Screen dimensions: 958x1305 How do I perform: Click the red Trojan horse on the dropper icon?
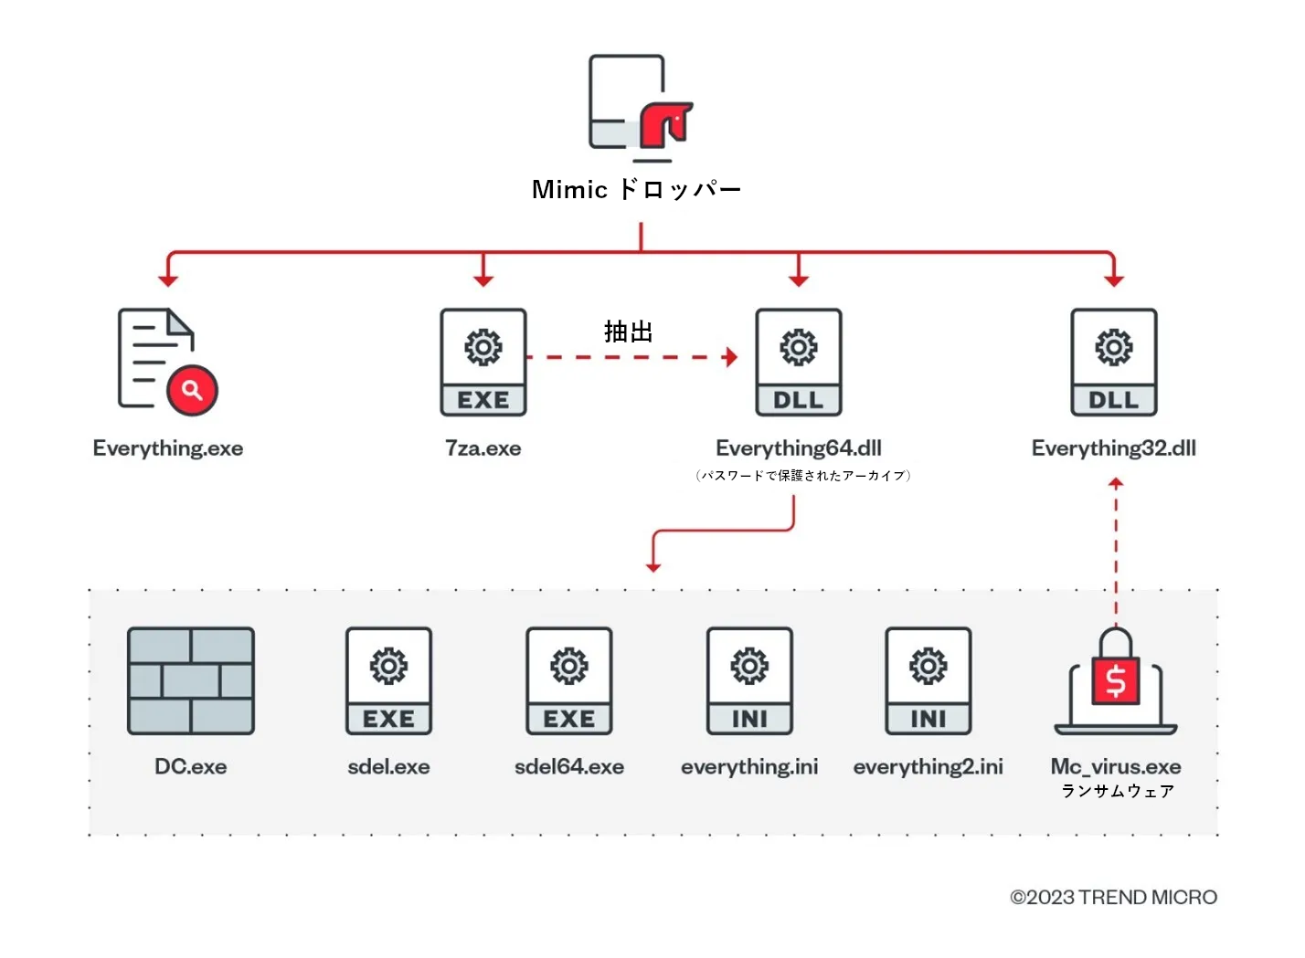click(x=665, y=124)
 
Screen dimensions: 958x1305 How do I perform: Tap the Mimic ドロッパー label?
click(x=636, y=190)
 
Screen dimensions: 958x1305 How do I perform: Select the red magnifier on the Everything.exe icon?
click(x=192, y=390)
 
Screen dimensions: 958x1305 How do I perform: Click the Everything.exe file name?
click(x=168, y=448)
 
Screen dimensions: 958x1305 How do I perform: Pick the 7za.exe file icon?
click(x=483, y=363)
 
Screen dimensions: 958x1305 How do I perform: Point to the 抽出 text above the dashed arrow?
click(x=629, y=332)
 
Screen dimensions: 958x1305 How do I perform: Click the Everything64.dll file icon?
click(x=799, y=363)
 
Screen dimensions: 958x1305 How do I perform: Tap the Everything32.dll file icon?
click(x=1114, y=363)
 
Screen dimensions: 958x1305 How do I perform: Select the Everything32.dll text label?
click(x=1113, y=448)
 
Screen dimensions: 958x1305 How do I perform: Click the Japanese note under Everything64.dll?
click(x=802, y=476)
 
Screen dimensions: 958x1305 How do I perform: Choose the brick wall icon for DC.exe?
click(x=191, y=680)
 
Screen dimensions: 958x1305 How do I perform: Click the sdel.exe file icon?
click(x=389, y=680)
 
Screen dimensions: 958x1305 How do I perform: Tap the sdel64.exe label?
click(x=569, y=767)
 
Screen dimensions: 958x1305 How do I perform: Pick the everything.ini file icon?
click(x=749, y=680)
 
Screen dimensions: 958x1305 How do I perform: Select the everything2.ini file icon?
click(x=928, y=680)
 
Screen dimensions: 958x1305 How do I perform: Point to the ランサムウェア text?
click(x=1117, y=791)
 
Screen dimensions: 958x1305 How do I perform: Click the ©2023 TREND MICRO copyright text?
click(x=1113, y=898)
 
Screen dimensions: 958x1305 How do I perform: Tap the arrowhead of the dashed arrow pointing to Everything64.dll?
click(x=730, y=357)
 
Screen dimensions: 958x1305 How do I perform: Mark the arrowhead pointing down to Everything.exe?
click(x=168, y=279)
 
